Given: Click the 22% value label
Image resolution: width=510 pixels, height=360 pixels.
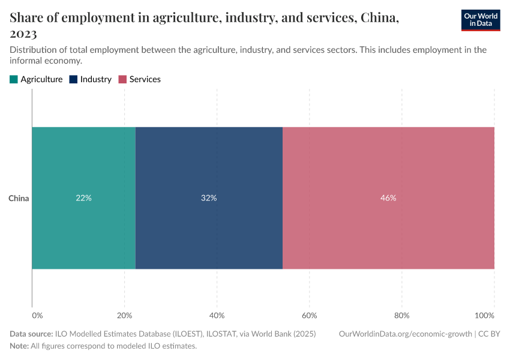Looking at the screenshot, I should [83, 198].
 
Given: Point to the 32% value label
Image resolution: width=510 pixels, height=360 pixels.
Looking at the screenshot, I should [209, 198].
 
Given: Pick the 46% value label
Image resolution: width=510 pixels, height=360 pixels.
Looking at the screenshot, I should [388, 198].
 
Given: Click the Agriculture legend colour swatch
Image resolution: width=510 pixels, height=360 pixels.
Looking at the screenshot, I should [14, 79].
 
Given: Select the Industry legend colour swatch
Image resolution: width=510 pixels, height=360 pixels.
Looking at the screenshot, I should [73, 79].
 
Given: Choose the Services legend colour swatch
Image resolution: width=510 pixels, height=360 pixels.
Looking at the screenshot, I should [122, 79].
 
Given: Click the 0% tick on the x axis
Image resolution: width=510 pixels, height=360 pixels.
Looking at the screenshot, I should [37, 316].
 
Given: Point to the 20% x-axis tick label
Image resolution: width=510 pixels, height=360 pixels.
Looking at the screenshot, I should [124, 316].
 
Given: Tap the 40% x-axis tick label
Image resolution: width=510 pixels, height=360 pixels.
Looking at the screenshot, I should [217, 316].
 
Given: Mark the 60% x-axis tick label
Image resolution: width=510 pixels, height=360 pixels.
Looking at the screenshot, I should [309, 316].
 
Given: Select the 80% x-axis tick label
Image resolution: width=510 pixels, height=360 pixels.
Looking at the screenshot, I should [401, 316].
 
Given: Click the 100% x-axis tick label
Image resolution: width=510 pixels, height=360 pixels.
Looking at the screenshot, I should [484, 316].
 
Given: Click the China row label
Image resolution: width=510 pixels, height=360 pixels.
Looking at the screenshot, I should [19, 198].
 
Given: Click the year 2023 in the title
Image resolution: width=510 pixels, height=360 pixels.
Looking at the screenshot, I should [23, 34].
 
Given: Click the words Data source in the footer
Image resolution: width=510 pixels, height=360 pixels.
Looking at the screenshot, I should [31, 334].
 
